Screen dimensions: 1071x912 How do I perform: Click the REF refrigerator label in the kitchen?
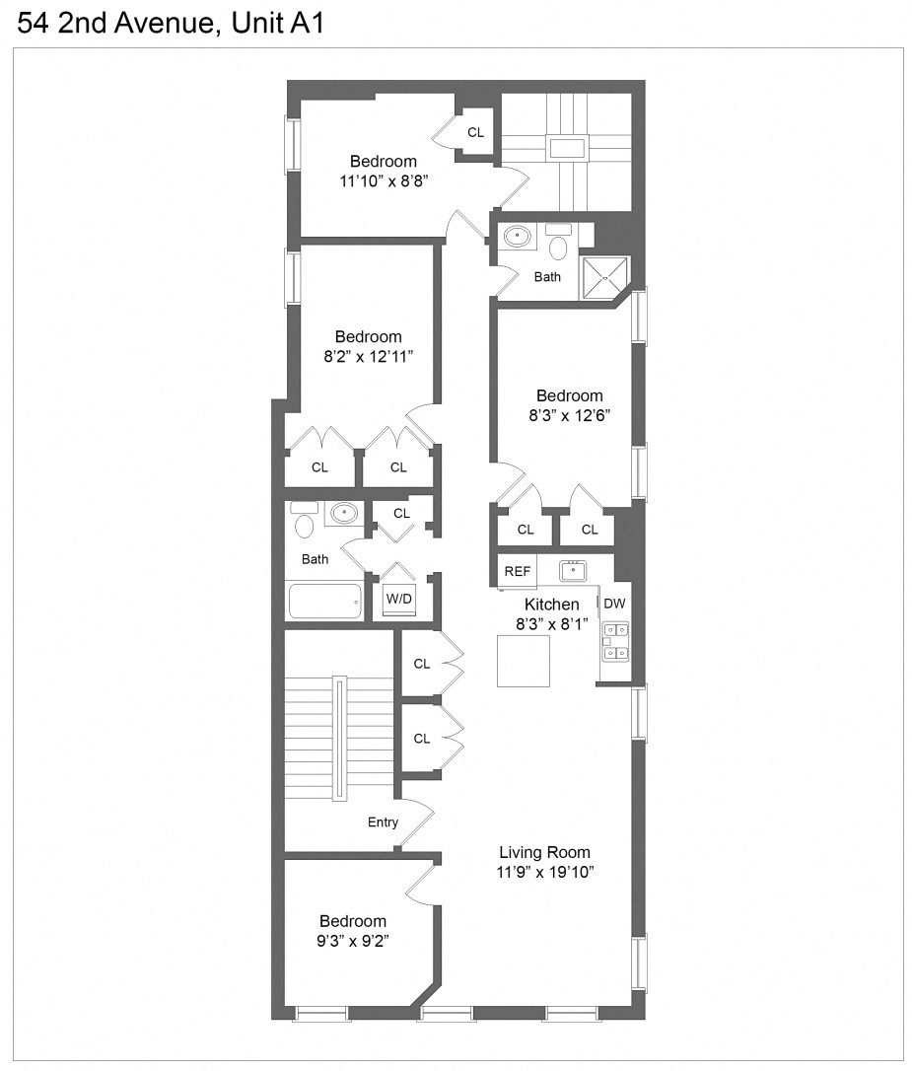518,571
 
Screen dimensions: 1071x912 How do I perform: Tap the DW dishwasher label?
614,604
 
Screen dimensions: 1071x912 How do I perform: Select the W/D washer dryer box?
399,598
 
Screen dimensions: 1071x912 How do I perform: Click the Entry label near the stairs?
383,821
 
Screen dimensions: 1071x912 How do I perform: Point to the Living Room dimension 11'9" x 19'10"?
544,872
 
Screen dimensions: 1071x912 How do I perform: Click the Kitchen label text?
551,605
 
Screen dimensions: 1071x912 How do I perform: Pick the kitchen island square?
524,661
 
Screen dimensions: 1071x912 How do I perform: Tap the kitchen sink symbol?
573,570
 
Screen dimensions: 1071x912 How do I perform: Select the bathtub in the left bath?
324,600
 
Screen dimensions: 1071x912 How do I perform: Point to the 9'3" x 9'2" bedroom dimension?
353,940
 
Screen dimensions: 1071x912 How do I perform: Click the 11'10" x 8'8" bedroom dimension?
384,181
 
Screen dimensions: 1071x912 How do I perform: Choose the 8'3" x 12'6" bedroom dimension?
570,415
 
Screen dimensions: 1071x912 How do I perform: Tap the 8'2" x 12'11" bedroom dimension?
368,355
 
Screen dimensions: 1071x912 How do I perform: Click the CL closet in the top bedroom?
475,132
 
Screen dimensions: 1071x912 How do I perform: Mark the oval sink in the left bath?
343,513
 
